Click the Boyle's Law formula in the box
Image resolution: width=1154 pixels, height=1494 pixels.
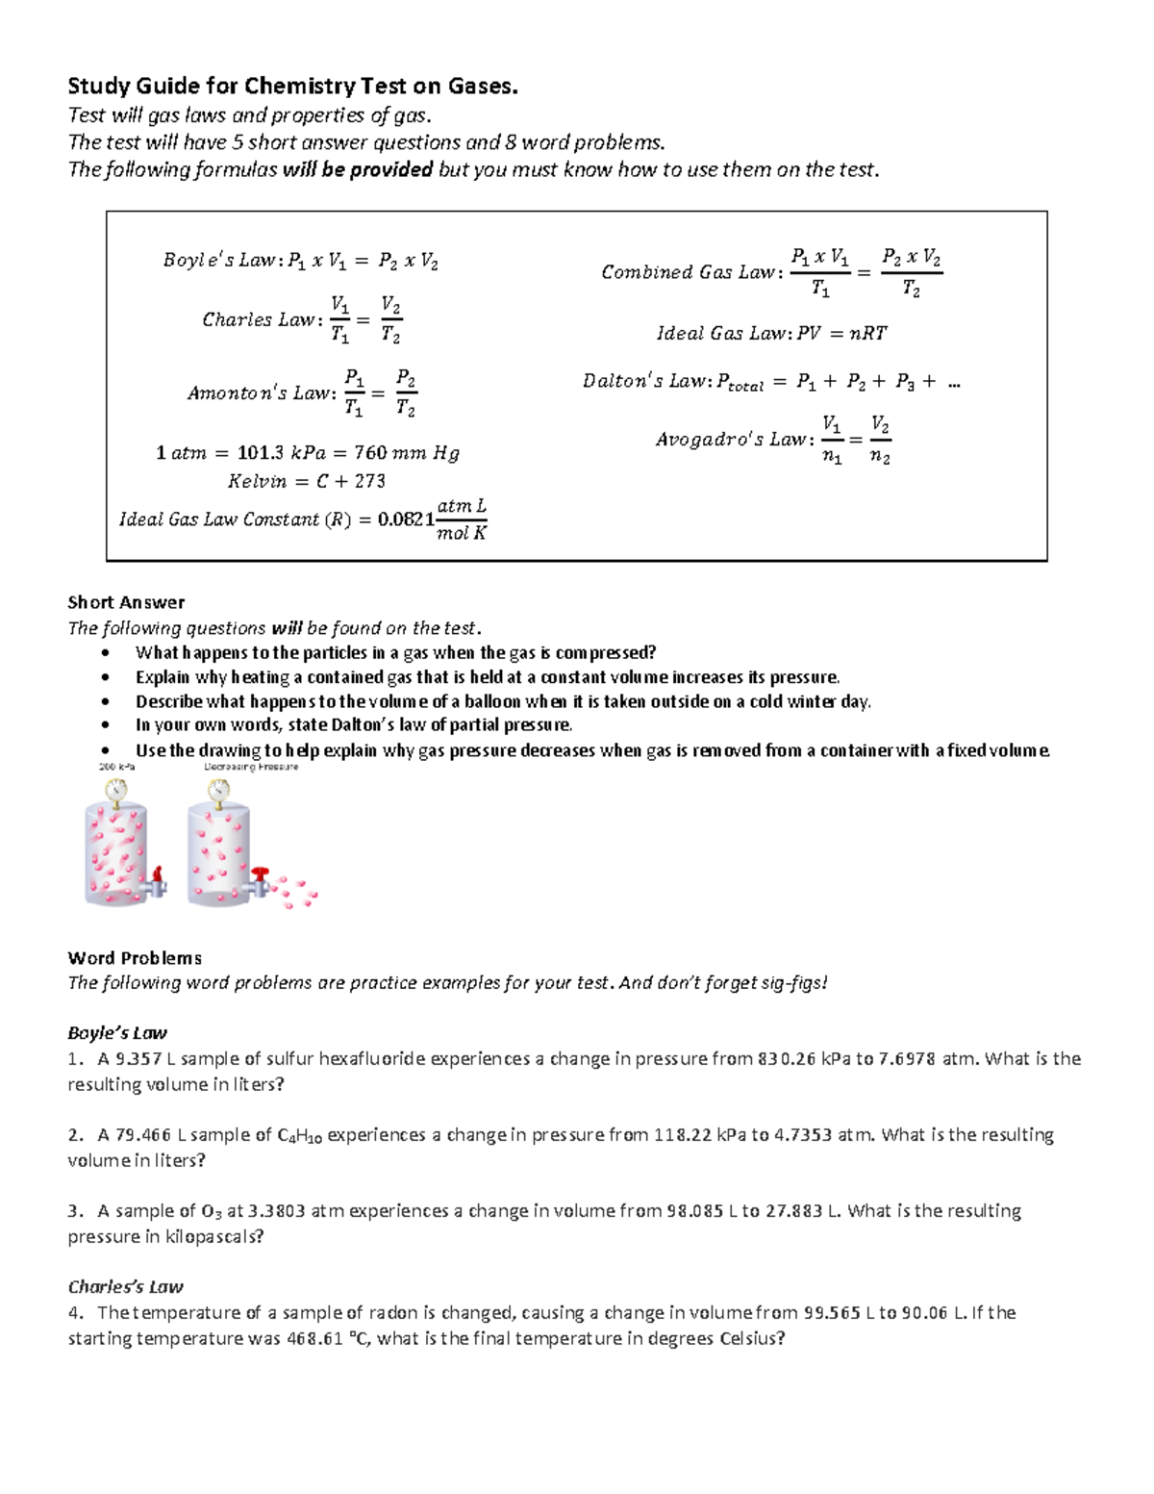tap(300, 261)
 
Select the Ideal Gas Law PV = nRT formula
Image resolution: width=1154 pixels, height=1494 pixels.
tap(771, 334)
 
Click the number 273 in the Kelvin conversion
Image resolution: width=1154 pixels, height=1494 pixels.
tap(369, 481)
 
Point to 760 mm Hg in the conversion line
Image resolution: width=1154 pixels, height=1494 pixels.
tap(407, 453)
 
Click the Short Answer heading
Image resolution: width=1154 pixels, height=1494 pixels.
tap(126, 602)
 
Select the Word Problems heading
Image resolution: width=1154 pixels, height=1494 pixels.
tap(135, 958)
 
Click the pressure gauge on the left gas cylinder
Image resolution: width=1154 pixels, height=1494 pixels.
tap(116, 790)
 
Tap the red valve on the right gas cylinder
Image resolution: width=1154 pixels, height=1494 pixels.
tap(261, 874)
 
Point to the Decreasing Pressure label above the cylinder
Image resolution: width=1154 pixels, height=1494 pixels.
tap(251, 768)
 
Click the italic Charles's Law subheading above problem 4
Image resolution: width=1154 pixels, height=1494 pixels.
tap(125, 1287)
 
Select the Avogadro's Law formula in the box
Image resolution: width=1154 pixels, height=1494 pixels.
tap(773, 440)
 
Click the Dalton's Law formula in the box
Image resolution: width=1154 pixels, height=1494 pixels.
tap(771, 382)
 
